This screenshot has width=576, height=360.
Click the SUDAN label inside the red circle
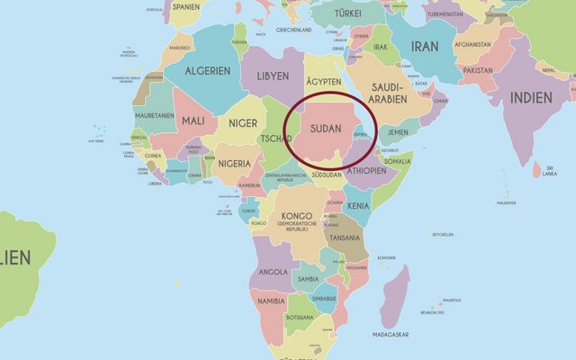coord(325,129)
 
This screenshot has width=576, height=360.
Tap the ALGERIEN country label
coord(208,71)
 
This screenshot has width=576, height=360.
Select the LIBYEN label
coord(272,76)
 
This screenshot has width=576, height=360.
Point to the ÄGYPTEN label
coord(325,82)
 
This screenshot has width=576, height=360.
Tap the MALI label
coord(193,121)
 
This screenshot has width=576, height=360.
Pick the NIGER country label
coord(243,123)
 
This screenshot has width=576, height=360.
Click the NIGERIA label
coord(234,164)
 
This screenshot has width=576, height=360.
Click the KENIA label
coord(358,206)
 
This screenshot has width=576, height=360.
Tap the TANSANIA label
coord(345,238)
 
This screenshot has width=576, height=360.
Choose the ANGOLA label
coord(273,271)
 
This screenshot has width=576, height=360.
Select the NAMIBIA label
coord(270,301)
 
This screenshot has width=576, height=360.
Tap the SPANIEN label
coord(184,7)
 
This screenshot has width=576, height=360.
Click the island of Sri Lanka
coord(537,169)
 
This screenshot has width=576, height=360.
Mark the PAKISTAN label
coord(478,69)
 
